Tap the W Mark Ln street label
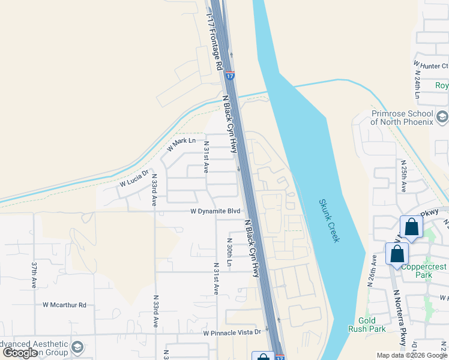tap(182, 144)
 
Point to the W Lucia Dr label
tap(133, 179)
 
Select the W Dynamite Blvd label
tap(215, 211)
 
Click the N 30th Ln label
tap(229, 253)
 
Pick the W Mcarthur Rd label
tap(64, 305)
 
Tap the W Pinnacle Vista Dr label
tap(232, 332)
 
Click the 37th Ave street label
tap(34, 274)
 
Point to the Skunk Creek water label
tap(329, 221)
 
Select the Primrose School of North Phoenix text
tap(402, 118)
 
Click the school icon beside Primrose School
tap(443, 116)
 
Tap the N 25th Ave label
tap(404, 176)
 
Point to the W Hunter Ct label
tap(430, 65)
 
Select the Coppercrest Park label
tap(425, 271)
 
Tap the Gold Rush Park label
tap(367, 325)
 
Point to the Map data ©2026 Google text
tap(411, 355)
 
